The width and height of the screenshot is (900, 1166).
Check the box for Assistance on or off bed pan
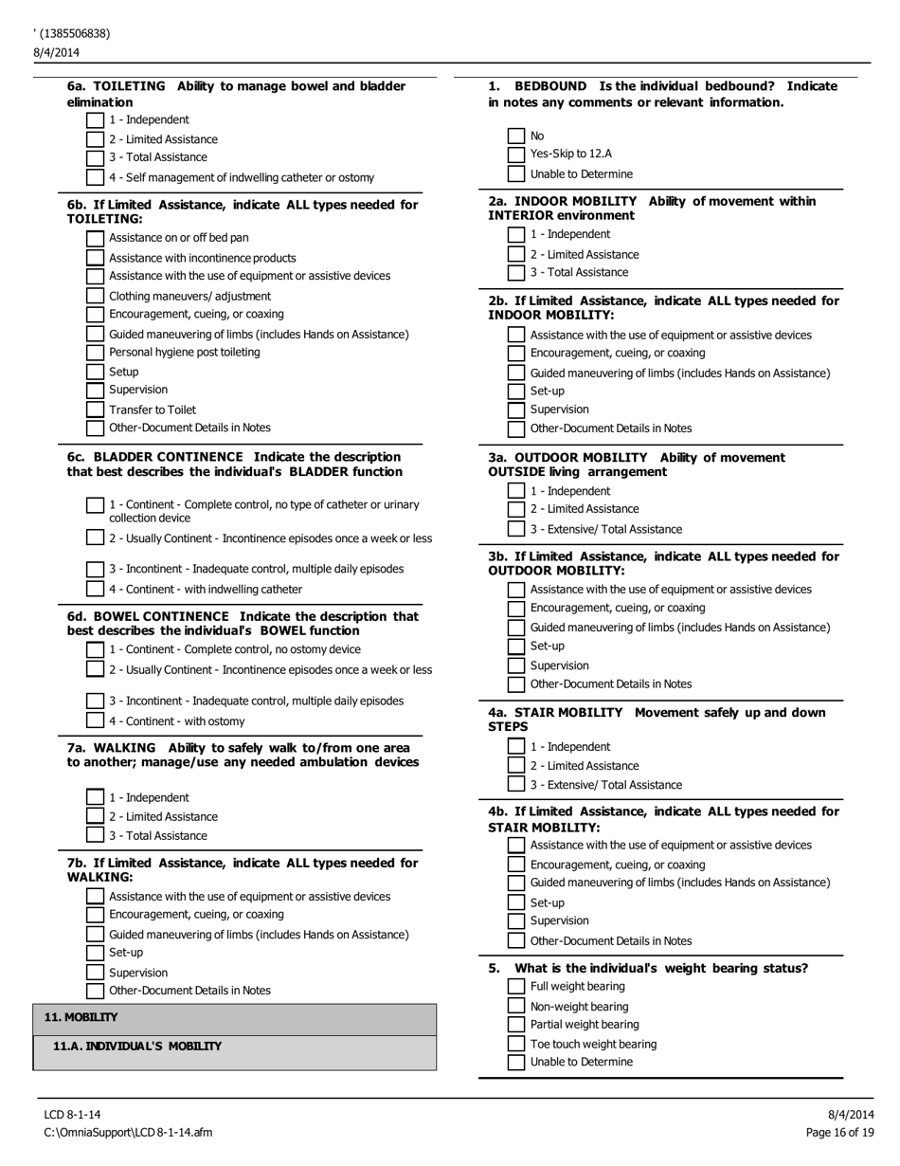point(95,238)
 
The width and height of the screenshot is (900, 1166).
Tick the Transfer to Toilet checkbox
point(95,410)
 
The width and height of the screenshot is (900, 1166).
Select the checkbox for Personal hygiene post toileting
point(95,353)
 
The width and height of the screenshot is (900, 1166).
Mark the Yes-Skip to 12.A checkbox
point(516,155)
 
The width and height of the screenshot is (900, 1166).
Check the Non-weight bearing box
point(516,1007)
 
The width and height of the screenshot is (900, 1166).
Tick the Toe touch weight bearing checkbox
point(516,1044)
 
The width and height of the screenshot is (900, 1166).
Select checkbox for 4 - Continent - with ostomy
point(95,721)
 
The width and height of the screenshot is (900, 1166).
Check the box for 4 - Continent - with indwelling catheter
point(95,590)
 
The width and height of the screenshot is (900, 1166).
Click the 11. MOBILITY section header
point(81,1017)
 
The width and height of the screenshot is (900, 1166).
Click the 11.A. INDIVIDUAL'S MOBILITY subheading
point(137,1047)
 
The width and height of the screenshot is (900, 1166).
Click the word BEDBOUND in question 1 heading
point(550,86)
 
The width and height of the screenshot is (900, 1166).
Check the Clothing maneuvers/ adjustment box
point(95,296)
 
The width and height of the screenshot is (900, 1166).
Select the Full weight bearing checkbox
point(516,987)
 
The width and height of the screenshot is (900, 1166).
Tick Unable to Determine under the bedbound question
point(516,174)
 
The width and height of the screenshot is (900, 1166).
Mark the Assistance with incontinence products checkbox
point(95,258)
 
